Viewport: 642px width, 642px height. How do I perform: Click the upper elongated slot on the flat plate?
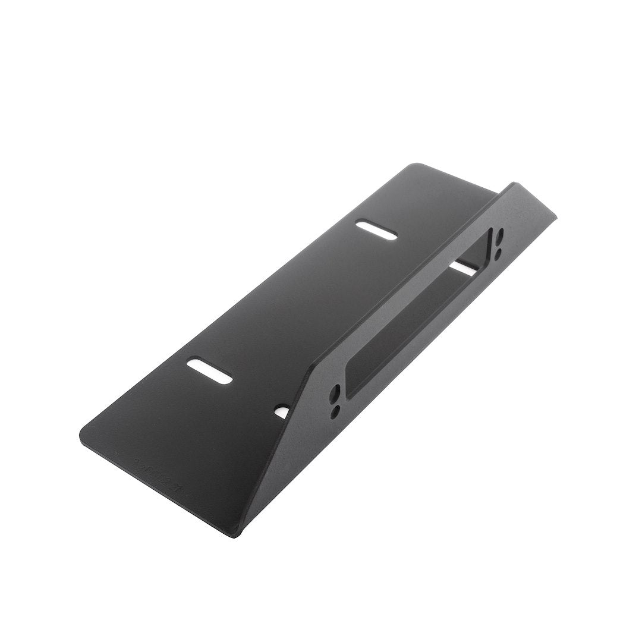376,230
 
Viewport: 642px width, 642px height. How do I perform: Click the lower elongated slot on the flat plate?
209,373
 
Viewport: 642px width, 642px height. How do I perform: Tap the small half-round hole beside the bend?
281,411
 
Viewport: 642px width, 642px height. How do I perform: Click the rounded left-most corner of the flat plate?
83,430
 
